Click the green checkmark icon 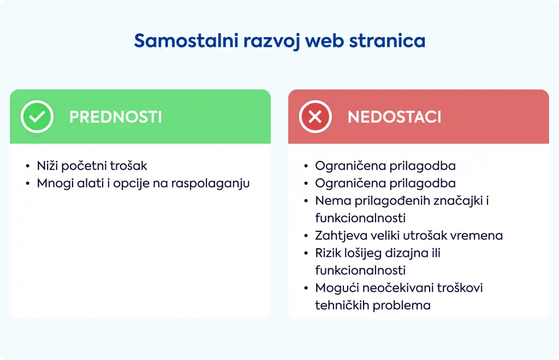click(37, 117)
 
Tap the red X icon click(315, 117)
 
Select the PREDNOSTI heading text click(116, 117)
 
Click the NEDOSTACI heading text click(394, 117)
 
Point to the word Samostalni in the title click(186, 40)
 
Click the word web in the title click(324, 40)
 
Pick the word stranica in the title click(387, 40)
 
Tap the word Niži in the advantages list click(47, 166)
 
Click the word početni click(84, 166)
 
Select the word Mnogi click(55, 184)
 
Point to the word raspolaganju click(210, 184)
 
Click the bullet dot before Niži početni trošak click(28, 166)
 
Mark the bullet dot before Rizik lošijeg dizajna click(306, 254)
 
